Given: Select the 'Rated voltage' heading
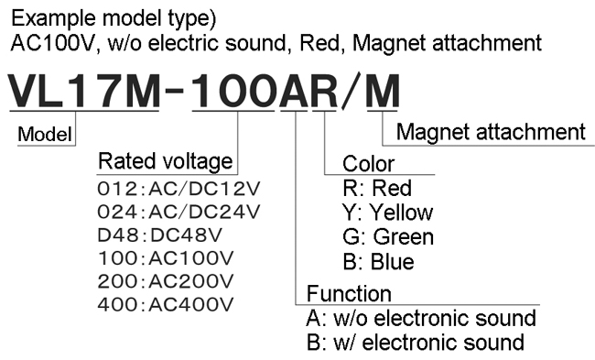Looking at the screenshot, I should coord(165,162).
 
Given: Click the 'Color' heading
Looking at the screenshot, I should coord(368,165).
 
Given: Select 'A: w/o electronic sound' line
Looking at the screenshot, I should coord(421,318).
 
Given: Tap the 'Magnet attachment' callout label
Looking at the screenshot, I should coord(492,132).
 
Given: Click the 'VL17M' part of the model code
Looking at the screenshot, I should coord(82,92).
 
